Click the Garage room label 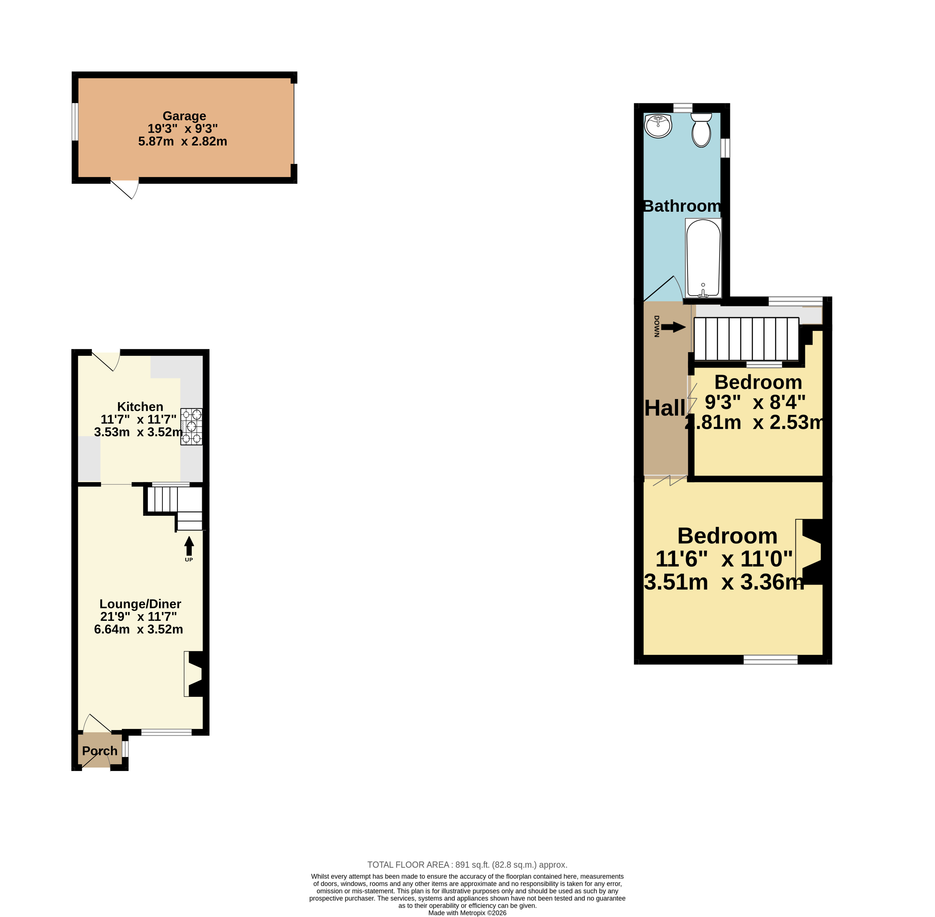(x=184, y=116)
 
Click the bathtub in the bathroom (x=703, y=258)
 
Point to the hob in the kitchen (x=191, y=426)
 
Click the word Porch (x=100, y=751)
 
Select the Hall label (x=665, y=408)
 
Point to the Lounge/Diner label (x=140, y=604)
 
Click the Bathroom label (x=682, y=206)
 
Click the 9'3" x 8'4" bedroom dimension (x=755, y=402)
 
